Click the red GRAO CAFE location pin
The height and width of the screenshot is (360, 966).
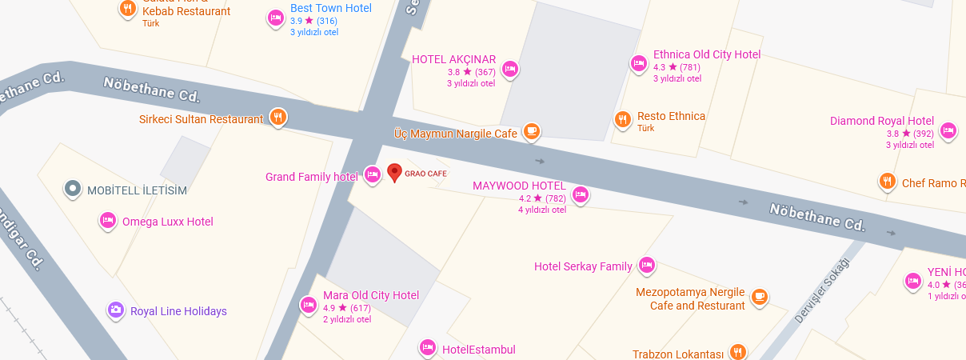pos(394,172)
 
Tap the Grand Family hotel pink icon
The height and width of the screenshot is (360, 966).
pos(372,174)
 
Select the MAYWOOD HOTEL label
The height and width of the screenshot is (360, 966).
pos(519,186)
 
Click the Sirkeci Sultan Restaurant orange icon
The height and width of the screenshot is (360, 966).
pos(278,118)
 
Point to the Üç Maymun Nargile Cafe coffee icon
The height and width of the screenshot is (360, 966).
pos(532,130)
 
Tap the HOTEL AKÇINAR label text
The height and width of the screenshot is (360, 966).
pos(453,59)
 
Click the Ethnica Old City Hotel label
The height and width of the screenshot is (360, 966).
pos(706,54)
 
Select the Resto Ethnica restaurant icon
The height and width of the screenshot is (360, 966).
pos(623,120)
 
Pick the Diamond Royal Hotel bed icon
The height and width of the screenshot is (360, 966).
pos(948,130)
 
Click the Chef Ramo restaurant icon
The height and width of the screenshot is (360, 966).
pos(887,182)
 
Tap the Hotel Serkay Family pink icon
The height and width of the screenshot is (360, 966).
pos(647,265)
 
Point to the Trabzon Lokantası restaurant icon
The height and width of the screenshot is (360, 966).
pos(737,352)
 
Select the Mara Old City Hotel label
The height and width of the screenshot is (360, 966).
pos(370,295)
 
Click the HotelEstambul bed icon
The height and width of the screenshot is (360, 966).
pos(428,347)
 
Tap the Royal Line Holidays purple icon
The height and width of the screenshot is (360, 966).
pos(116,310)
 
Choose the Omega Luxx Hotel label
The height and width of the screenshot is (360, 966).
pos(167,222)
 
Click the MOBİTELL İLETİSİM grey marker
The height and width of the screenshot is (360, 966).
pos(73,189)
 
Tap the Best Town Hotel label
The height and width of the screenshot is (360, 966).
pos(330,8)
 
